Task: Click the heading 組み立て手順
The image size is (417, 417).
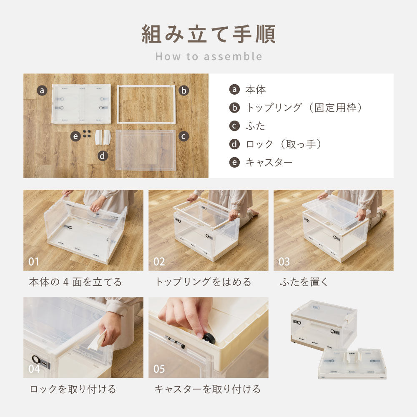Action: pyautogui.click(x=208, y=34)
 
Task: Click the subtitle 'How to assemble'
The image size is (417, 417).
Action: pyautogui.click(x=208, y=56)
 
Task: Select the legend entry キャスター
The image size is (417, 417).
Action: pyautogui.click(x=269, y=162)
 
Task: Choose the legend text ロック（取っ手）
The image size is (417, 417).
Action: pyautogui.click(x=284, y=144)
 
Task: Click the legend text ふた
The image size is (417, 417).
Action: pyautogui.click(x=255, y=126)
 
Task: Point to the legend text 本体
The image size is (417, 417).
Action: pyautogui.click(x=255, y=89)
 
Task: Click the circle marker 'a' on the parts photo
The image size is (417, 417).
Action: pyautogui.click(x=42, y=90)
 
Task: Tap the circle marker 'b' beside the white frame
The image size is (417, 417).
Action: pyautogui.click(x=184, y=90)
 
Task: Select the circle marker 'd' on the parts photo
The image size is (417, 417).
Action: pyautogui.click(x=103, y=156)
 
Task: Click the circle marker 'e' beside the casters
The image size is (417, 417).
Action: pyautogui.click(x=75, y=136)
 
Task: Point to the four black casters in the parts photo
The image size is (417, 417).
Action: pyautogui.click(x=87, y=133)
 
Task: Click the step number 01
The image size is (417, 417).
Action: pyautogui.click(x=34, y=262)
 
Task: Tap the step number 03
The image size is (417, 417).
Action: pyautogui.click(x=284, y=262)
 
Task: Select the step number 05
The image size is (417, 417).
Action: pyautogui.click(x=159, y=369)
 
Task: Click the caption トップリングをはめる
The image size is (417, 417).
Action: pyautogui.click(x=203, y=282)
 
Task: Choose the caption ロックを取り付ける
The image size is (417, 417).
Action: pyautogui.click(x=73, y=389)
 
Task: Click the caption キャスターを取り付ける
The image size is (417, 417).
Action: pyautogui.click(x=207, y=389)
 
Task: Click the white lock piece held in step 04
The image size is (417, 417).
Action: pyautogui.click(x=97, y=341)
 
